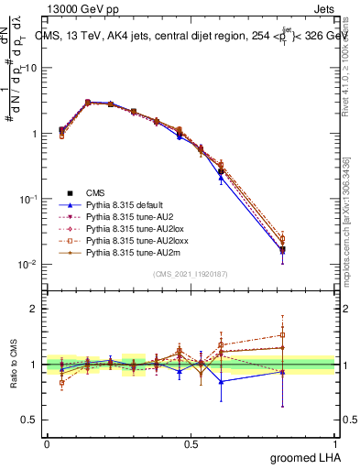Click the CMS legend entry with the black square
[96, 192]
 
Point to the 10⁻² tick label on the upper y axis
[28, 265]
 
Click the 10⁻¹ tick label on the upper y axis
[28, 199]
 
